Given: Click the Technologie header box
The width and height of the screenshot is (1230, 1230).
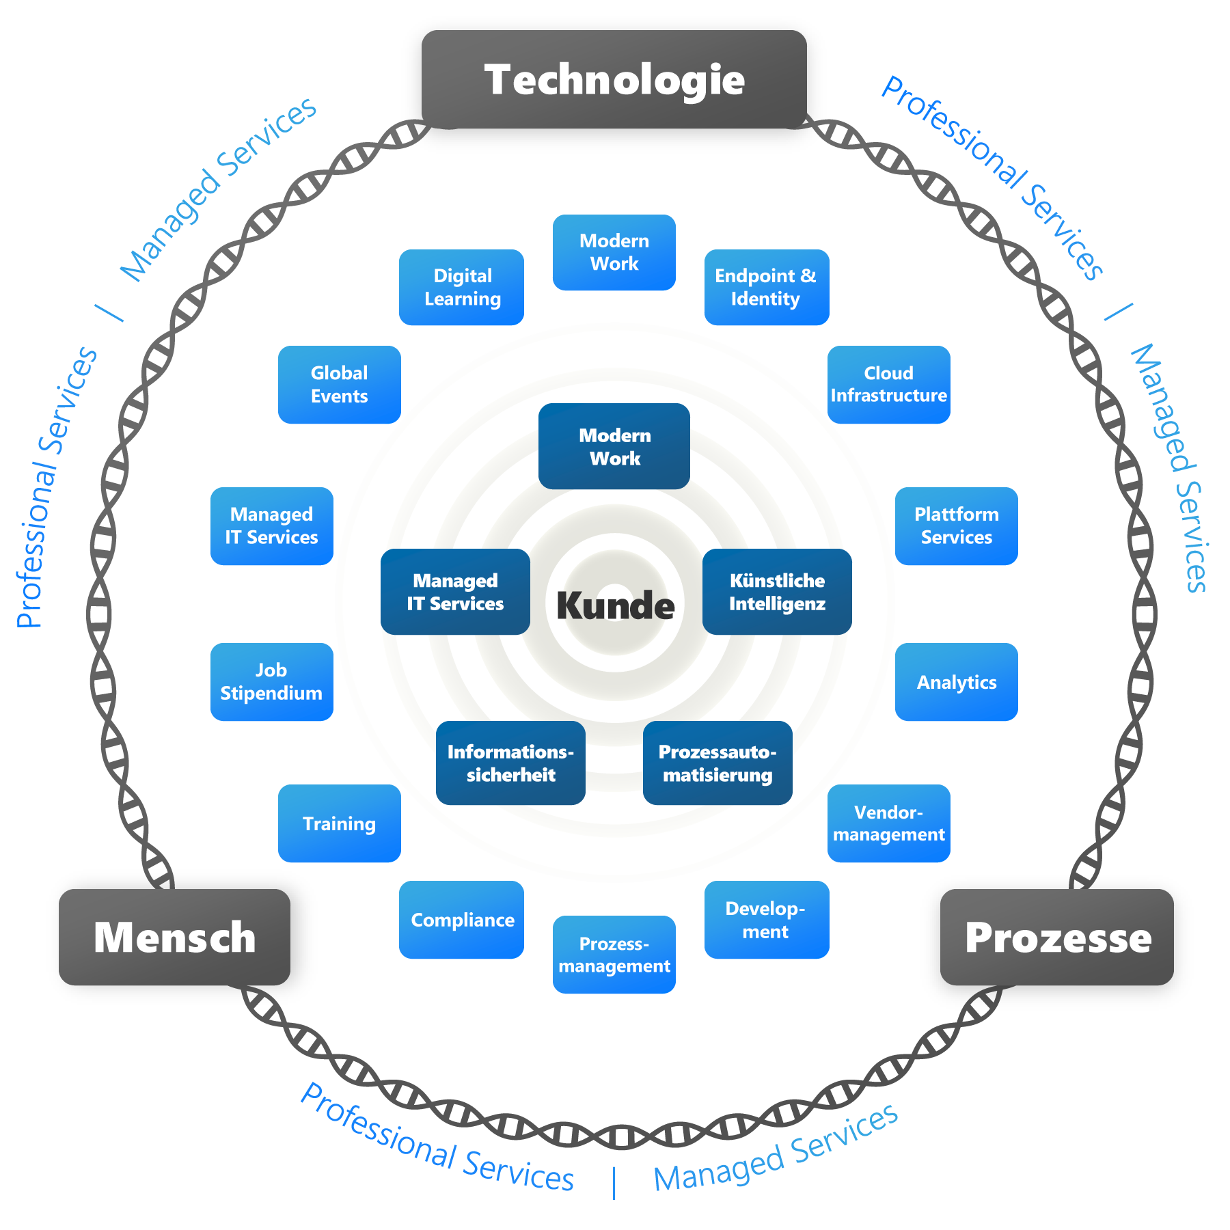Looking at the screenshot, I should [x=614, y=79].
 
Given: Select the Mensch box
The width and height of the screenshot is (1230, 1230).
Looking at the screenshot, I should [x=174, y=937].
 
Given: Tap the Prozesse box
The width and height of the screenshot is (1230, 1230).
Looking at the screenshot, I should [x=1057, y=937].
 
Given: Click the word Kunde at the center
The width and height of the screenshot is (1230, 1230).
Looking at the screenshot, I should [x=615, y=605].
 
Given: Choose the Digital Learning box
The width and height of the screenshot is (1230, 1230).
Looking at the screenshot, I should [x=462, y=287].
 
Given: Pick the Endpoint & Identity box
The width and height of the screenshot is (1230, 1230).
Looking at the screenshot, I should [x=766, y=287].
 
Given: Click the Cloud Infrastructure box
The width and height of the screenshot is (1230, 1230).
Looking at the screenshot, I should [x=888, y=384].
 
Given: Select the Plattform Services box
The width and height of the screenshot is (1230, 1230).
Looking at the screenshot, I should [x=956, y=525].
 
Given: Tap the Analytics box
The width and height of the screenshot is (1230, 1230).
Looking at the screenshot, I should [x=956, y=682].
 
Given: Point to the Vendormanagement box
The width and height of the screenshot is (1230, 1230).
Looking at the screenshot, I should [x=888, y=823].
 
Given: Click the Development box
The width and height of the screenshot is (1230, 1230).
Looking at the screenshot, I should [x=766, y=920].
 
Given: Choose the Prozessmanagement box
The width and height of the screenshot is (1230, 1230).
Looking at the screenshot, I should [x=614, y=955].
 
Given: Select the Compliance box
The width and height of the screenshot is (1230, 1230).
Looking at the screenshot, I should [x=462, y=920].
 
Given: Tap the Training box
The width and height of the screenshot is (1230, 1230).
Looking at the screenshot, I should [x=339, y=823].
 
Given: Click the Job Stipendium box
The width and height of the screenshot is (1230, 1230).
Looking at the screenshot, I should [x=271, y=682].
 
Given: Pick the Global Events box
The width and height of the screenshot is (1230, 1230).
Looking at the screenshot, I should [x=339, y=384].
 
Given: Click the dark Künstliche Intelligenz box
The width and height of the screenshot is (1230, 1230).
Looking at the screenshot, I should [x=777, y=592].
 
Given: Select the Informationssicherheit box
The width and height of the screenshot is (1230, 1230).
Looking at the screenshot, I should [x=510, y=763].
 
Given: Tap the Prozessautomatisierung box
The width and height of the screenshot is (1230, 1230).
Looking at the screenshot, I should [x=717, y=763].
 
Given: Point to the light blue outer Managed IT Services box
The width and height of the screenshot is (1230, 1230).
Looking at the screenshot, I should [x=271, y=525].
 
